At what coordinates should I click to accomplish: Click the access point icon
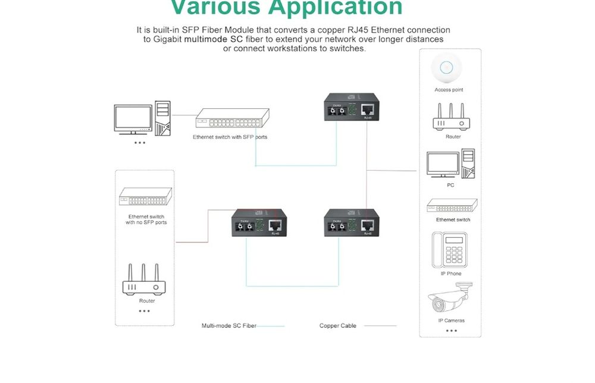pyautogui.click(x=449, y=68)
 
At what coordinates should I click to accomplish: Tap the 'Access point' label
pyautogui.click(x=449, y=90)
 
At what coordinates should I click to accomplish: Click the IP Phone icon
pyautogui.click(x=450, y=249)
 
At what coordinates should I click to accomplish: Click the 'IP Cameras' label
pyautogui.click(x=451, y=321)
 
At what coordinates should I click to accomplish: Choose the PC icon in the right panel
pyautogui.click(x=450, y=164)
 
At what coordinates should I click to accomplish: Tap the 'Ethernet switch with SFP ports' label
pyautogui.click(x=230, y=137)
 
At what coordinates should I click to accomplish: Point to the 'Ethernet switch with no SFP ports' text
pyautogui.click(x=146, y=219)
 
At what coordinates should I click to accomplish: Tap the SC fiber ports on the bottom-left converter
pyautogui.click(x=247, y=227)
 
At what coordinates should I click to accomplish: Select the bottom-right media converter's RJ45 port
pyautogui.click(x=368, y=225)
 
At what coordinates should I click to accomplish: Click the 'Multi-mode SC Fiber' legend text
pyautogui.click(x=228, y=326)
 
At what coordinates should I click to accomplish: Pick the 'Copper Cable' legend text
pyautogui.click(x=337, y=326)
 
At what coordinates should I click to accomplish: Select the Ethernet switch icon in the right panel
pyautogui.click(x=452, y=206)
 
